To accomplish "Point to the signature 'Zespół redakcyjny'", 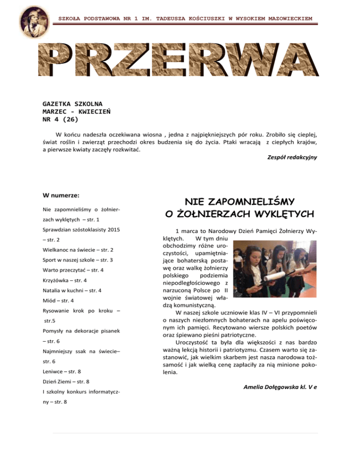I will [x=291, y=158].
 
